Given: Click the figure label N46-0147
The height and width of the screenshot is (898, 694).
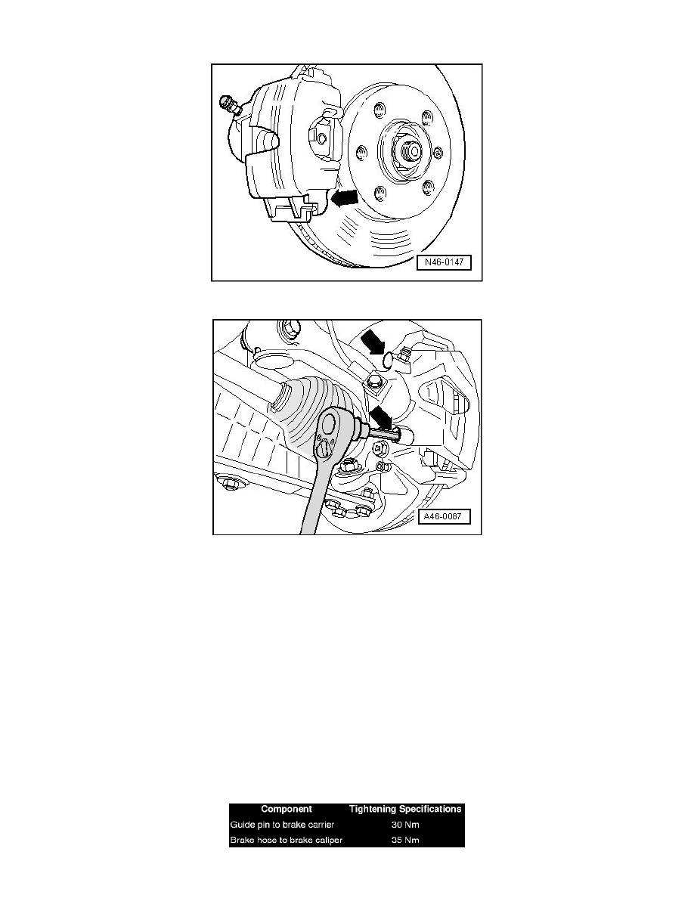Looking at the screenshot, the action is [x=444, y=263].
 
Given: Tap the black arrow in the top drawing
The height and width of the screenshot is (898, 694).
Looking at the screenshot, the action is [x=345, y=197].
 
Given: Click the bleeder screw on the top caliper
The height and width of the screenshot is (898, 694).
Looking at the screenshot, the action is [x=230, y=105].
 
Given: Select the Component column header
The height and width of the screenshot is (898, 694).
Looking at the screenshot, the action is [x=287, y=810].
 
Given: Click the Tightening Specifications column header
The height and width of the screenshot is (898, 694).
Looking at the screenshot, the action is [x=405, y=810].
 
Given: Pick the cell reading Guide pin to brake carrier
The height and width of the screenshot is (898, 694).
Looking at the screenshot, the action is [x=282, y=825].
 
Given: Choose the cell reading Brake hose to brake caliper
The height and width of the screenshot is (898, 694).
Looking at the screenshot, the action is [x=287, y=840].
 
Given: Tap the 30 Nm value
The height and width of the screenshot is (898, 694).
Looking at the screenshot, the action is [x=405, y=825].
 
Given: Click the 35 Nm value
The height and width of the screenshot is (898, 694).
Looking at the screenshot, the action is [x=405, y=840].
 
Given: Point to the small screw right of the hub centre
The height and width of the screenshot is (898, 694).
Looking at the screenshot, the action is [x=438, y=153].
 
